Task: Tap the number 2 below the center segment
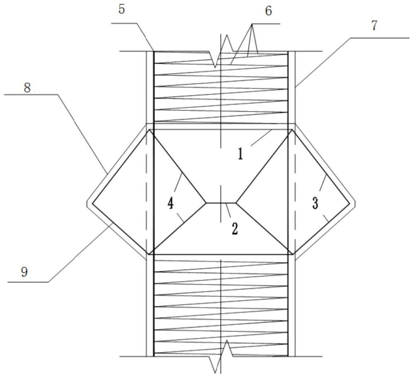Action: (x=234, y=229)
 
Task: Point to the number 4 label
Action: (x=171, y=204)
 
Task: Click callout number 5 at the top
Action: (x=121, y=9)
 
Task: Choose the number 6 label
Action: (x=268, y=11)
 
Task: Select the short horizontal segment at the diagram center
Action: (x=221, y=203)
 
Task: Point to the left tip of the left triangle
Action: (x=92, y=203)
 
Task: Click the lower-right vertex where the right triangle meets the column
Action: (x=292, y=254)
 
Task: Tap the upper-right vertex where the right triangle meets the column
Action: (x=292, y=130)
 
